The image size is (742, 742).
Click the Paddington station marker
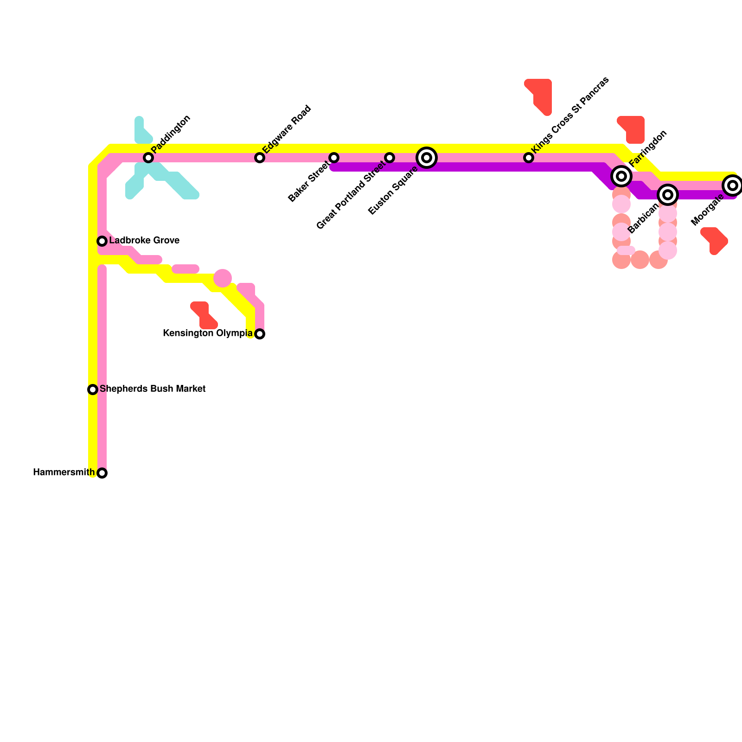click(x=148, y=158)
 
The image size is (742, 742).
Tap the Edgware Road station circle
click(x=260, y=158)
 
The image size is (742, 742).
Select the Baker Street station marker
click(x=334, y=158)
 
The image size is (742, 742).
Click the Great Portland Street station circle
click(x=390, y=158)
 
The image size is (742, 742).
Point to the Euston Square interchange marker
click(x=427, y=158)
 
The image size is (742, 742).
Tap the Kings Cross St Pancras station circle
click(x=529, y=158)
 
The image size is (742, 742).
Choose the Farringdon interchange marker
click(x=621, y=176)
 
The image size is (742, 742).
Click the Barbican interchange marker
click(x=668, y=195)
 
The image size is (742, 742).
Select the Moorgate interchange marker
click(x=733, y=185)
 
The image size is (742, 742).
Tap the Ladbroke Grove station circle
click(x=102, y=241)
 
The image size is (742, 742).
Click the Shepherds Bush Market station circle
click(x=93, y=390)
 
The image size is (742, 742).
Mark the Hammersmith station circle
click(x=102, y=473)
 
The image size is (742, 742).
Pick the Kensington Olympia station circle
click(x=260, y=334)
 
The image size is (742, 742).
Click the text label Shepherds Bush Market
click(x=153, y=389)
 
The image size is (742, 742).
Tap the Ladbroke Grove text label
click(x=144, y=241)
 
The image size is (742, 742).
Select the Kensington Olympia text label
click(x=208, y=333)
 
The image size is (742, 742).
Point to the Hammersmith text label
click(x=64, y=473)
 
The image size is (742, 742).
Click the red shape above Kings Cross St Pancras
click(x=540, y=95)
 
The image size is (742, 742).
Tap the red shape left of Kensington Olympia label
click(x=203, y=315)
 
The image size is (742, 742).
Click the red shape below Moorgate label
click(x=715, y=240)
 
